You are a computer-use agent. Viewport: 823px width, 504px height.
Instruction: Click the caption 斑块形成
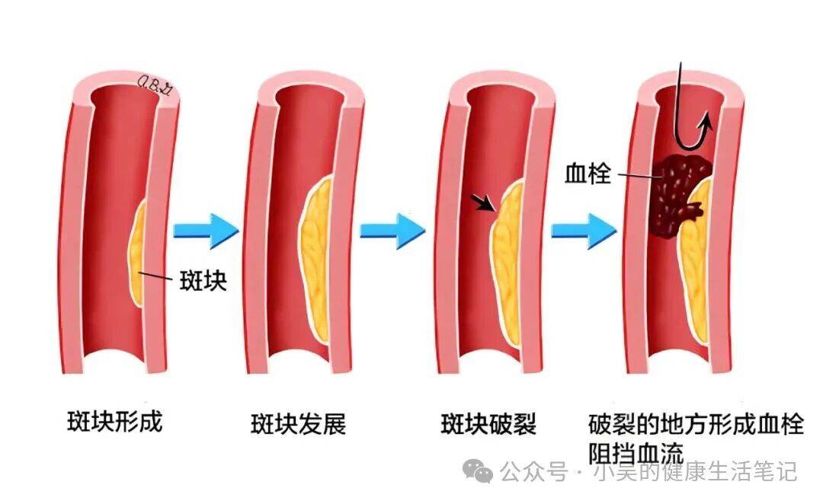[x=114, y=421]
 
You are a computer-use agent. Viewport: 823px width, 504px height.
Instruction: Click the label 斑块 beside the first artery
[x=202, y=279]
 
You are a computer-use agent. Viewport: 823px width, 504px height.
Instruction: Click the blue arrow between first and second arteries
[x=206, y=229]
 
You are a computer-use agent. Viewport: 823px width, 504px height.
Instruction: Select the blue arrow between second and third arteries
[x=392, y=229]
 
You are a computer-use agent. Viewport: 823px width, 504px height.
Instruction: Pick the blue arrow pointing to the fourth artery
[x=583, y=229]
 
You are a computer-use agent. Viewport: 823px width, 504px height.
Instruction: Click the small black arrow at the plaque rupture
[x=482, y=203]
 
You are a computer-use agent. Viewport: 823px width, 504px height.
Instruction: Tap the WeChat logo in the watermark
[x=483, y=473]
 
